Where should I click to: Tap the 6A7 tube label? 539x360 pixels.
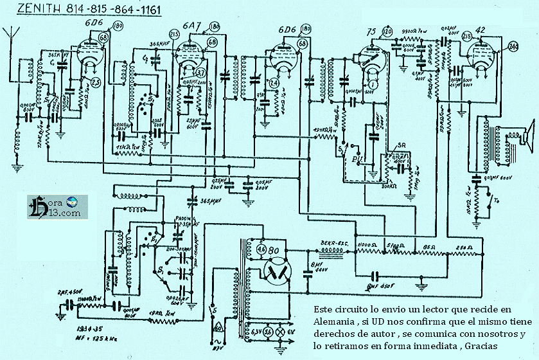[x=191, y=26]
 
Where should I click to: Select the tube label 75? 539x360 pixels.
[x=371, y=32]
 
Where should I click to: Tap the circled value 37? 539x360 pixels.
[x=200, y=72]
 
